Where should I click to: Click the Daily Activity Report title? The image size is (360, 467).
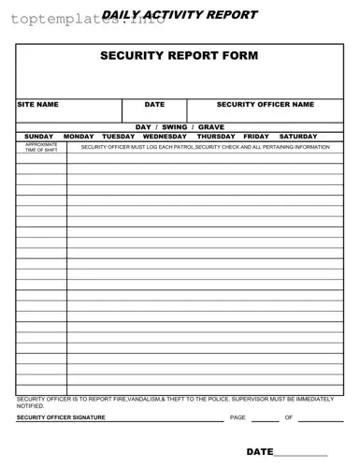(x=180, y=15)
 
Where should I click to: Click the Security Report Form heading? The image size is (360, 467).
(x=180, y=55)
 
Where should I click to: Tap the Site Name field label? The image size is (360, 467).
(x=38, y=105)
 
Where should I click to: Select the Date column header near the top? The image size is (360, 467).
(x=154, y=105)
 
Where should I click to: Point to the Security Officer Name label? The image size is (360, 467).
(x=266, y=105)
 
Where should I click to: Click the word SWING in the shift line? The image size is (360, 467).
(x=174, y=126)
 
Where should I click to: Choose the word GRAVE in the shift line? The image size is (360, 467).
(x=211, y=126)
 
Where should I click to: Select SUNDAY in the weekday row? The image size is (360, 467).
(x=39, y=137)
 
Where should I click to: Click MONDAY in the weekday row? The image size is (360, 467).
(x=79, y=137)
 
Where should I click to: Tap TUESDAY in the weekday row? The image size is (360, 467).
(x=119, y=137)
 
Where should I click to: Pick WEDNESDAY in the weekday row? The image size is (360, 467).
(x=165, y=137)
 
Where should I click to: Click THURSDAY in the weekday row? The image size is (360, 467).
(x=216, y=137)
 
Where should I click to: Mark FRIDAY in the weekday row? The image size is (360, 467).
(x=256, y=137)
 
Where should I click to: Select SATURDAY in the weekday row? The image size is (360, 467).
(x=298, y=137)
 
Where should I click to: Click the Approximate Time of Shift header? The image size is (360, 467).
(x=41, y=148)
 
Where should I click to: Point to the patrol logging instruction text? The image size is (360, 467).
(x=205, y=148)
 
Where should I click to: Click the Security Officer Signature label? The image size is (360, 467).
(x=61, y=417)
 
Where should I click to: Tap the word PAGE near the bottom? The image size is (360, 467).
(x=238, y=417)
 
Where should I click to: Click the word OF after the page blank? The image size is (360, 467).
(x=289, y=417)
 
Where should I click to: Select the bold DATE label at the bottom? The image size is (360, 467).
(x=259, y=451)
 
